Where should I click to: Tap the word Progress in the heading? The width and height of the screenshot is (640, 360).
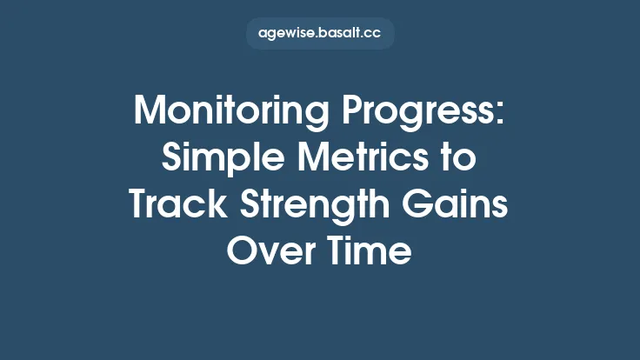click(x=422, y=112)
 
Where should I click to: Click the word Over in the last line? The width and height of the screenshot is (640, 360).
click(x=270, y=252)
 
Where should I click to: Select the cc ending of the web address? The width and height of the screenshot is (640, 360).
click(x=374, y=35)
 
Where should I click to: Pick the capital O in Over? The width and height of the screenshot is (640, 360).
click(x=240, y=252)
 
